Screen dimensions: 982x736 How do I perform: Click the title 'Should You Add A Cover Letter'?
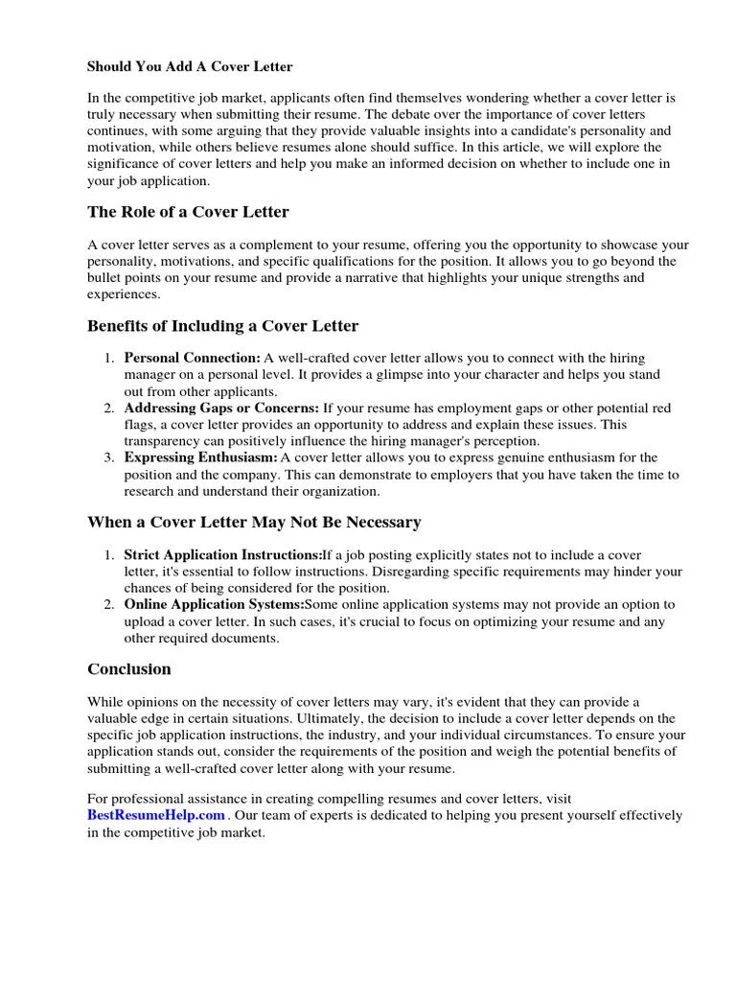click(x=190, y=67)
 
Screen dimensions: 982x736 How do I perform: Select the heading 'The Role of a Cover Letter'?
click(x=188, y=212)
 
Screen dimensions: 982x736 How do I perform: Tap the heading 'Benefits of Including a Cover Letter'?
click(x=222, y=326)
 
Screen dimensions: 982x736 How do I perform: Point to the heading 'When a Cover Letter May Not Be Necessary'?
click(x=254, y=523)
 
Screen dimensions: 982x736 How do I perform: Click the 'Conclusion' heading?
click(x=129, y=669)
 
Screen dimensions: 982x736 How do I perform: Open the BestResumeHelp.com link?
click(x=156, y=815)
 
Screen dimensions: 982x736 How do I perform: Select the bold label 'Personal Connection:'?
click(x=192, y=358)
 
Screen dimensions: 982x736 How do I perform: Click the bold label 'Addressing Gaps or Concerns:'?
click(x=221, y=409)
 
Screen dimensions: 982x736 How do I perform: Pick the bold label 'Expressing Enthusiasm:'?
click(x=200, y=458)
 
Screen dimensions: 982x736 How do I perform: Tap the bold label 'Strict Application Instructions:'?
click(x=222, y=555)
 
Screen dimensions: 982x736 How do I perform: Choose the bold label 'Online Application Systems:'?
click(x=214, y=605)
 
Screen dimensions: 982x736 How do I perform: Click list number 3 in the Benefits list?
click(x=109, y=458)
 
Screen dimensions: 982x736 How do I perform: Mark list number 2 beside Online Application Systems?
click(x=109, y=605)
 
